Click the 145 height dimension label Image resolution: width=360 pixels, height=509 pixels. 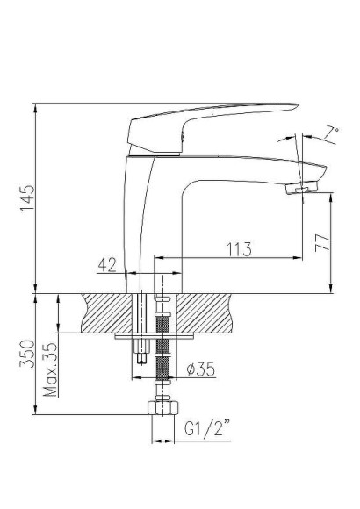point(26,198)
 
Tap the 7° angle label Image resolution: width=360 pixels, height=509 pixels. point(330,134)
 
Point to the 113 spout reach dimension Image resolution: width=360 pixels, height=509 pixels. point(237,248)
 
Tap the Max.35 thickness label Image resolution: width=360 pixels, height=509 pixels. point(51,369)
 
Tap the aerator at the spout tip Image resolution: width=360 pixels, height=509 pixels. point(303,185)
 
